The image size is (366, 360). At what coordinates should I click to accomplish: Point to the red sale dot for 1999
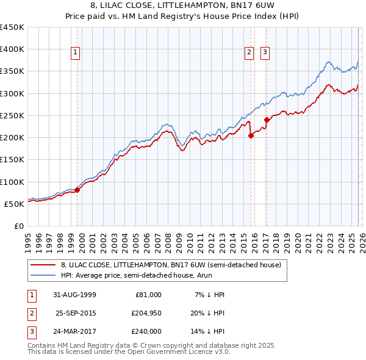pyautogui.click(x=77, y=190)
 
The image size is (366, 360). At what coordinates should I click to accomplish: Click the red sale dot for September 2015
pyautogui.click(x=251, y=136)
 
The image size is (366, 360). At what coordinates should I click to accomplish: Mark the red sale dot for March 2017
pyautogui.click(x=267, y=120)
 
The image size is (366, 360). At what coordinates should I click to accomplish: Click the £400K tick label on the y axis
pyautogui.click(x=12, y=49)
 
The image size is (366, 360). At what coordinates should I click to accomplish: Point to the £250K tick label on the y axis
pyautogui.click(x=12, y=115)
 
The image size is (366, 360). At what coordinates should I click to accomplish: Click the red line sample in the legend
pyautogui.click(x=43, y=265)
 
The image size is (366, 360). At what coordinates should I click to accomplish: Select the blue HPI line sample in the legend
pyautogui.click(x=43, y=276)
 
